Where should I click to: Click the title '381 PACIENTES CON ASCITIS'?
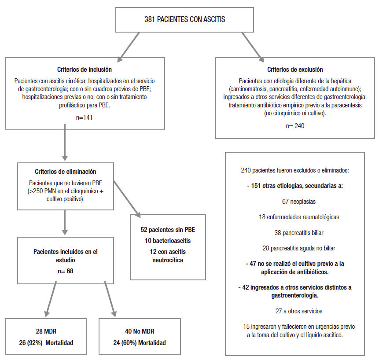pos(185,19)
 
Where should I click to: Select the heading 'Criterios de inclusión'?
pos(85,70)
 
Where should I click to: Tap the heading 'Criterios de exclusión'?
pos(295,70)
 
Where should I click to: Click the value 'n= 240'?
pos(295,125)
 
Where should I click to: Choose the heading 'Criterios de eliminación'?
pos(65,172)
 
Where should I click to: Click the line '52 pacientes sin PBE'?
pos(168,230)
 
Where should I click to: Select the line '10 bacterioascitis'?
pos(168,241)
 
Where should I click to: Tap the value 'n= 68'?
pos(65,271)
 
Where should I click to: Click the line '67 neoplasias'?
pos(295,202)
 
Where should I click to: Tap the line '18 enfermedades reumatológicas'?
pos(295,217)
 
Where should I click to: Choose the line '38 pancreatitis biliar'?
pos(295,233)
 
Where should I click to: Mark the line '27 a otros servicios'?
pos(295,311)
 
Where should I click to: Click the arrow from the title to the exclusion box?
pos(251,48)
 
